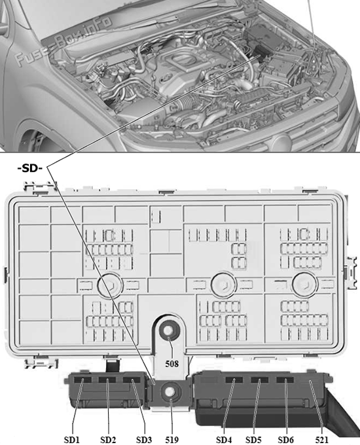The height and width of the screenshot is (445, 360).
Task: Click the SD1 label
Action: pyautogui.click(x=72, y=440)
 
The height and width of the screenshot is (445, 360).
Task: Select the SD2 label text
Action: pyautogui.click(x=108, y=440)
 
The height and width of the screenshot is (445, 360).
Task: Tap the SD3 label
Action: pyautogui.click(x=144, y=440)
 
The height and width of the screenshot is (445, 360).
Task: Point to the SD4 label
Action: pyautogui.click(x=224, y=440)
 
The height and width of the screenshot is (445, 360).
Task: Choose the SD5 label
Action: pyautogui.click(x=253, y=440)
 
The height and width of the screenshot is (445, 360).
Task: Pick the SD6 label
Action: pyautogui.click(x=285, y=440)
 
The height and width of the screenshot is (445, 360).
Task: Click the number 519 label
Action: pyautogui.click(x=172, y=440)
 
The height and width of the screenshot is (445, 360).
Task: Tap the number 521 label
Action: pyautogui.click(x=321, y=440)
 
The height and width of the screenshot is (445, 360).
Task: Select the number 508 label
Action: pyautogui.click(x=172, y=364)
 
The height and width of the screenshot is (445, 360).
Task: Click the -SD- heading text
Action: pyautogui.click(x=30, y=168)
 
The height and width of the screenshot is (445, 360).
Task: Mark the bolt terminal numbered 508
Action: pyautogui.click(x=169, y=331)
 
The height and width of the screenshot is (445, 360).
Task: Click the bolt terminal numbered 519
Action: pyautogui.click(x=170, y=391)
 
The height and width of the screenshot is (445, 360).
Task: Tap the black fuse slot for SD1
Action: pyautogui.click(x=82, y=380)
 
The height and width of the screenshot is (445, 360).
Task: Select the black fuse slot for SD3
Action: pyautogui.click(x=132, y=380)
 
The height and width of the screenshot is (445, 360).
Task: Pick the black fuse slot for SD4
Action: pyautogui.click(x=234, y=380)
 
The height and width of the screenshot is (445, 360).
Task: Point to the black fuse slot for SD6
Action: pyautogui.click(x=286, y=380)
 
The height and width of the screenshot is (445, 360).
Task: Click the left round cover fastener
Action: pyautogui.click(x=110, y=285)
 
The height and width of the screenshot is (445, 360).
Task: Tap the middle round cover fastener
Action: pyautogui.click(x=224, y=285)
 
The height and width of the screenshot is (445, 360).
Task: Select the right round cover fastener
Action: pyautogui.click(x=305, y=285)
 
